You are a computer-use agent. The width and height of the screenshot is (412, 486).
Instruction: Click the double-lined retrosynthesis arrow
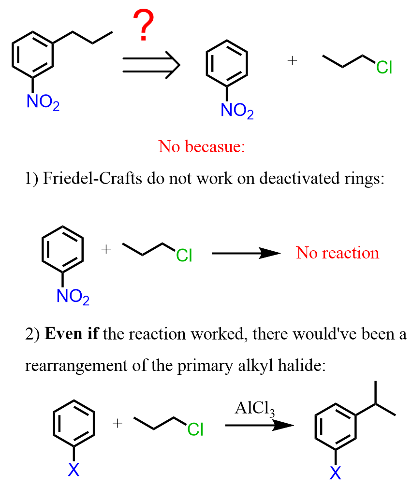150,65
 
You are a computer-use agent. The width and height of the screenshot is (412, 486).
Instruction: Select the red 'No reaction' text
338,253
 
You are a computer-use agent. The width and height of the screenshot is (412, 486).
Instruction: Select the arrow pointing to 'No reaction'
246,253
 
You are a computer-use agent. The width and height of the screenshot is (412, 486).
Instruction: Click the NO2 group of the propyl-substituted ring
44,103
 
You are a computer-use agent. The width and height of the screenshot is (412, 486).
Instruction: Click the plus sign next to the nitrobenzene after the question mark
292,61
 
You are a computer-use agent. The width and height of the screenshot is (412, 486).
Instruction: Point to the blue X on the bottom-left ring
74,469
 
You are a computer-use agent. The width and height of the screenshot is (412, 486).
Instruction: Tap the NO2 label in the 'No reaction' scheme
73,296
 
